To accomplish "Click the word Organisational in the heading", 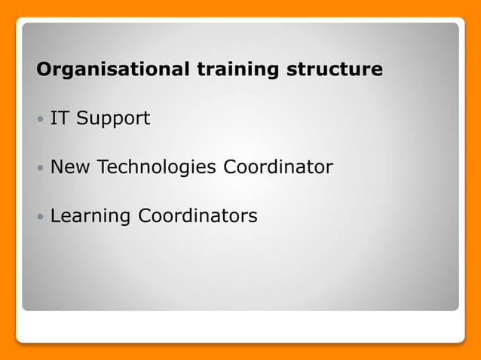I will [114, 70].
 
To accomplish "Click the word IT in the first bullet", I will [59, 118].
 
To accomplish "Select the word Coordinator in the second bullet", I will [277, 167].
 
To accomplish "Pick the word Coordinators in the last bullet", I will [198, 216].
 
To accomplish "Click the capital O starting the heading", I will [44, 70].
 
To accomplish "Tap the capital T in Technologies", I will [102, 167].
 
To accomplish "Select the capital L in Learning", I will [54, 216].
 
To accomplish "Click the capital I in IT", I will [53, 118].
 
